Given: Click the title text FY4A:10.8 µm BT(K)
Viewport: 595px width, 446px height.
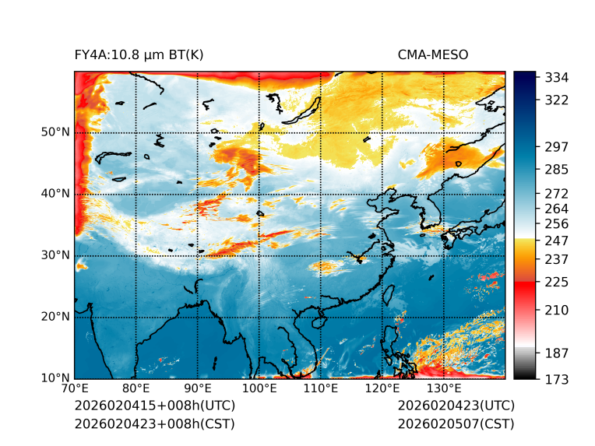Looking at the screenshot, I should tap(139, 54).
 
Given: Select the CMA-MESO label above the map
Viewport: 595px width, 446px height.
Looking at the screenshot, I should tap(432, 54).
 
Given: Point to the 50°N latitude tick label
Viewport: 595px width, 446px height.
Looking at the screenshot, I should tap(55, 132).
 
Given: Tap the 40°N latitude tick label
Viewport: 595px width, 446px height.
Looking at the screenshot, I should tap(55, 194).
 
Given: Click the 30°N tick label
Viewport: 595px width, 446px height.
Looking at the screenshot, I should tap(55, 255).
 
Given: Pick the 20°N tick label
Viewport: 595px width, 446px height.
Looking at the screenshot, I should tap(55, 317).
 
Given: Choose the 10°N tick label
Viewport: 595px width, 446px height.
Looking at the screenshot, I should tap(55, 378).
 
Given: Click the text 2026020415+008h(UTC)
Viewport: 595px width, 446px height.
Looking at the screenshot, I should tap(154, 406).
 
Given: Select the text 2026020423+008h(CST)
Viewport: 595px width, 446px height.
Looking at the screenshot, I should tap(154, 424).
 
